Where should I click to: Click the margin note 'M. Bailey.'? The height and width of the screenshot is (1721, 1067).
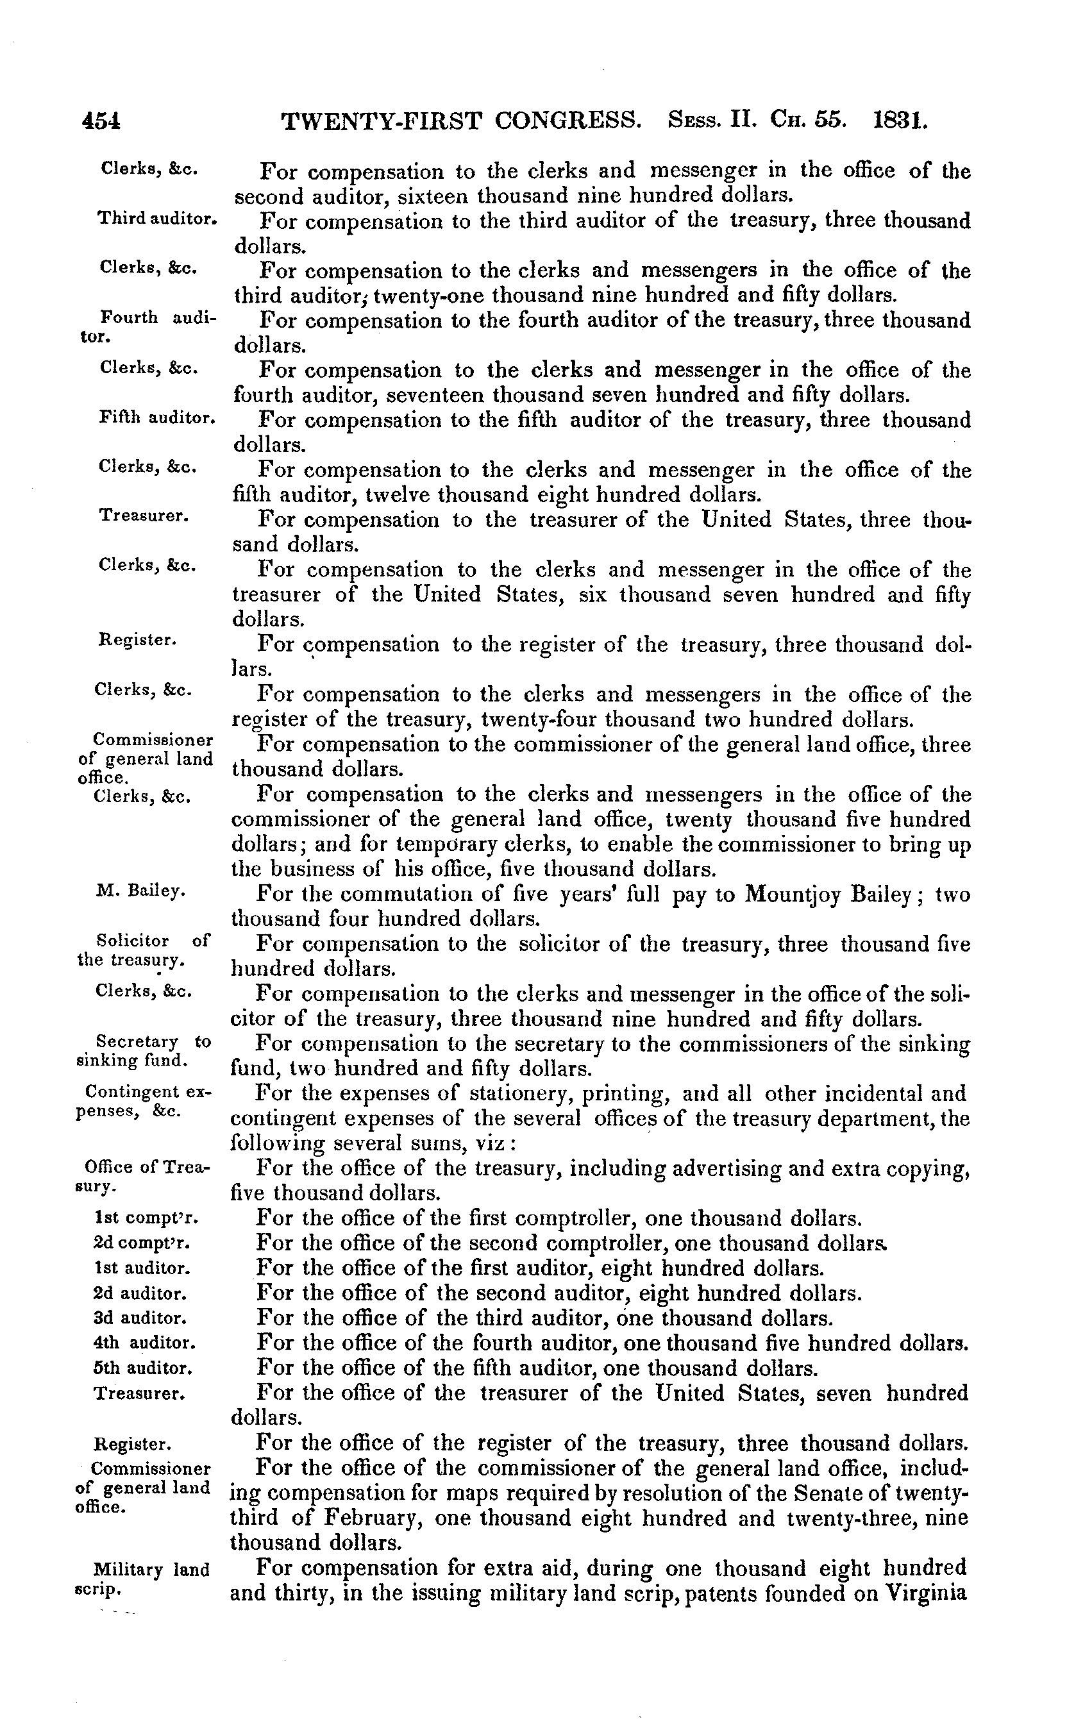140,891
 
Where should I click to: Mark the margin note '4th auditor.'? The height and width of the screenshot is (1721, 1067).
144,1342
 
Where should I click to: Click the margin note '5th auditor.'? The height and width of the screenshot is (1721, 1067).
142,1368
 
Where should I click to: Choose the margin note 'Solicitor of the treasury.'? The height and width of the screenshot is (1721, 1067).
142,950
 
